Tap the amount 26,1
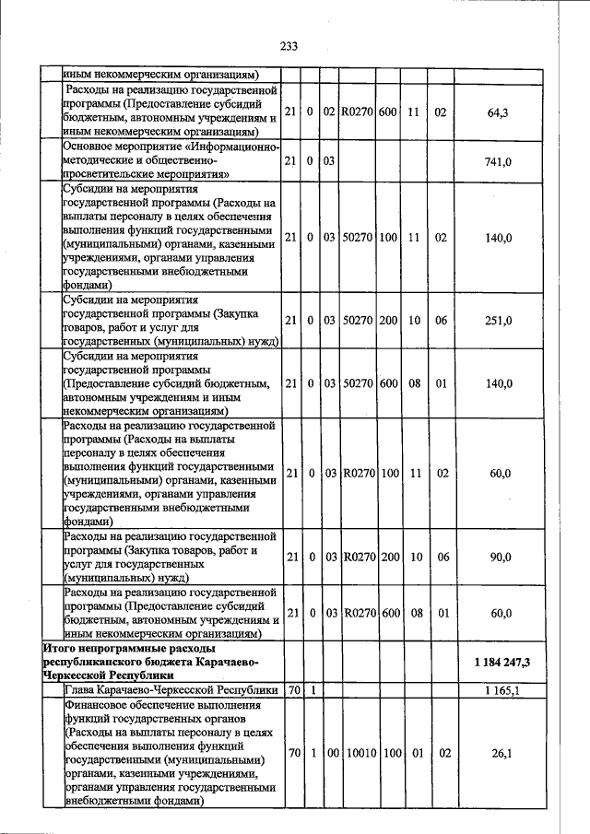[x=501, y=753]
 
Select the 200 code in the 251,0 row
[x=388, y=320]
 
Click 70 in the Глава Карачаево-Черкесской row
[x=293, y=688]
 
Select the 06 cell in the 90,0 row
[x=441, y=557]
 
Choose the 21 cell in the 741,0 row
[x=290, y=161]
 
